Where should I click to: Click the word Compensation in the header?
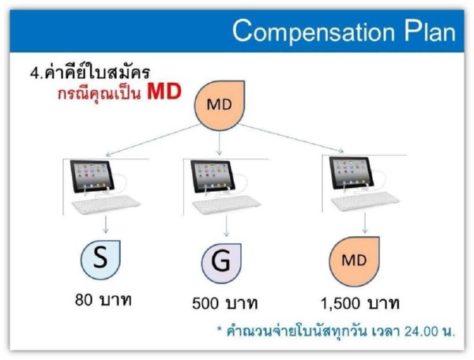(x=314, y=32)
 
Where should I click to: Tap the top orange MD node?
(x=219, y=105)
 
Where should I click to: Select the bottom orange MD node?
(x=354, y=261)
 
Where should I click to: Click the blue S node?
(x=100, y=260)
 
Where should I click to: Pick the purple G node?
(x=221, y=263)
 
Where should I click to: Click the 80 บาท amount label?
(x=103, y=300)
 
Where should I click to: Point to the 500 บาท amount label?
(x=225, y=303)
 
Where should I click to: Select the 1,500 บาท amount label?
(x=359, y=303)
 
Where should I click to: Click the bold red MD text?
(x=164, y=92)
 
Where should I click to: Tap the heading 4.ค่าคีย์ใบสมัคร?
(x=90, y=72)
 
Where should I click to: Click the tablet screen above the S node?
(x=92, y=176)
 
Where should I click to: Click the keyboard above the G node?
(x=227, y=205)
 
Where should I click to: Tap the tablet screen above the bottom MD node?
(x=352, y=173)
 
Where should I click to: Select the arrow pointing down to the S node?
(x=106, y=224)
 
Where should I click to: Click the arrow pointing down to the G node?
(x=227, y=226)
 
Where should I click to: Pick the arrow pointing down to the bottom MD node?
(x=365, y=223)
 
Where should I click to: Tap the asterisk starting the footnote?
(x=220, y=329)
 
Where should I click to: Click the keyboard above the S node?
(x=106, y=204)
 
